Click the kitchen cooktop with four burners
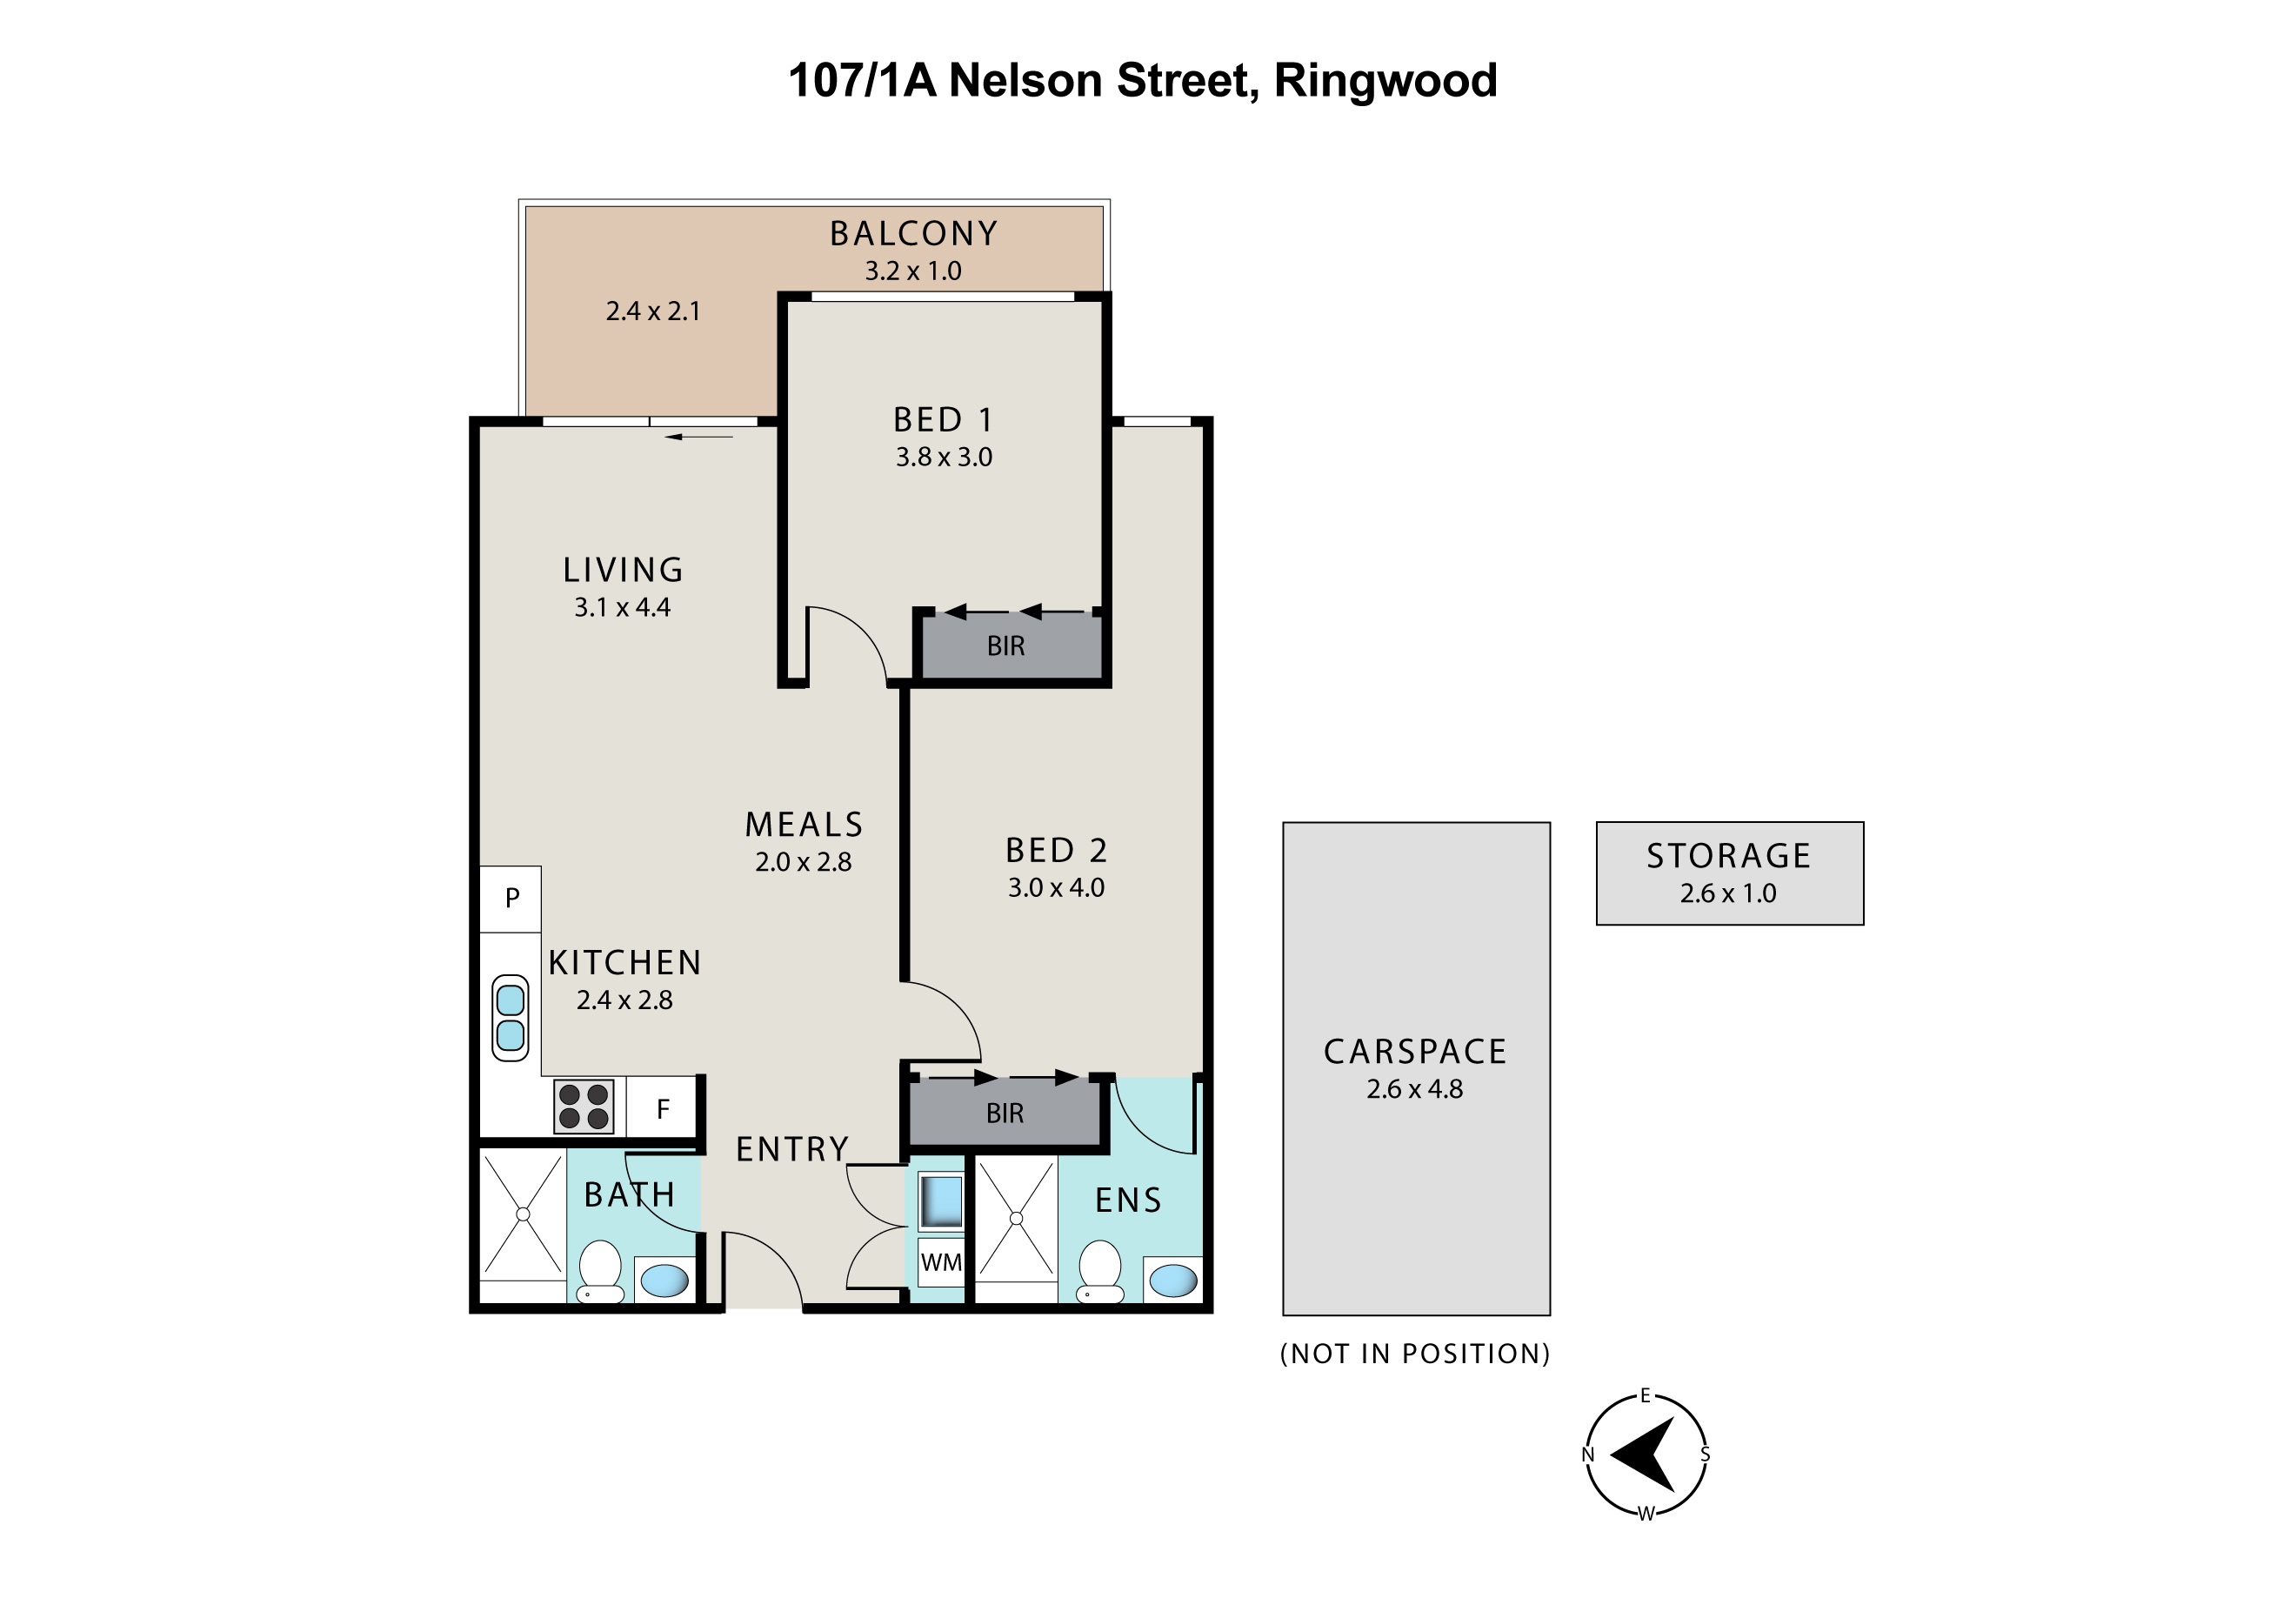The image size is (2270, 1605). (x=584, y=1107)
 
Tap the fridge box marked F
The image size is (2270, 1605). (x=663, y=1108)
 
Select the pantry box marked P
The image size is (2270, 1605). (x=511, y=899)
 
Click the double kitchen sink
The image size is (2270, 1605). (x=511, y=1018)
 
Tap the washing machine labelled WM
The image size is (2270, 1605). (x=940, y=1263)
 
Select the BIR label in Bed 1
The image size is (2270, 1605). (x=1005, y=646)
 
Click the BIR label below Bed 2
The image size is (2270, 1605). (x=1005, y=1113)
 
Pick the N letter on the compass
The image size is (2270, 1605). (x=1588, y=1455)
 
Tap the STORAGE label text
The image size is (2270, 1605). (x=1728, y=856)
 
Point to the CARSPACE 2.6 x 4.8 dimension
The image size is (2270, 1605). (x=1415, y=1090)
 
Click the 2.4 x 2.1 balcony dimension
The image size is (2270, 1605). (x=652, y=311)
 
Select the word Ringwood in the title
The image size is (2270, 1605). (x=1385, y=81)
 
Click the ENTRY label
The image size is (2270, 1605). (x=792, y=1149)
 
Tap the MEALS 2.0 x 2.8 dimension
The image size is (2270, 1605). (x=803, y=862)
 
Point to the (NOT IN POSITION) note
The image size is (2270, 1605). (x=1415, y=1354)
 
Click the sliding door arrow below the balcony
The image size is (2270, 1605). (x=699, y=436)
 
